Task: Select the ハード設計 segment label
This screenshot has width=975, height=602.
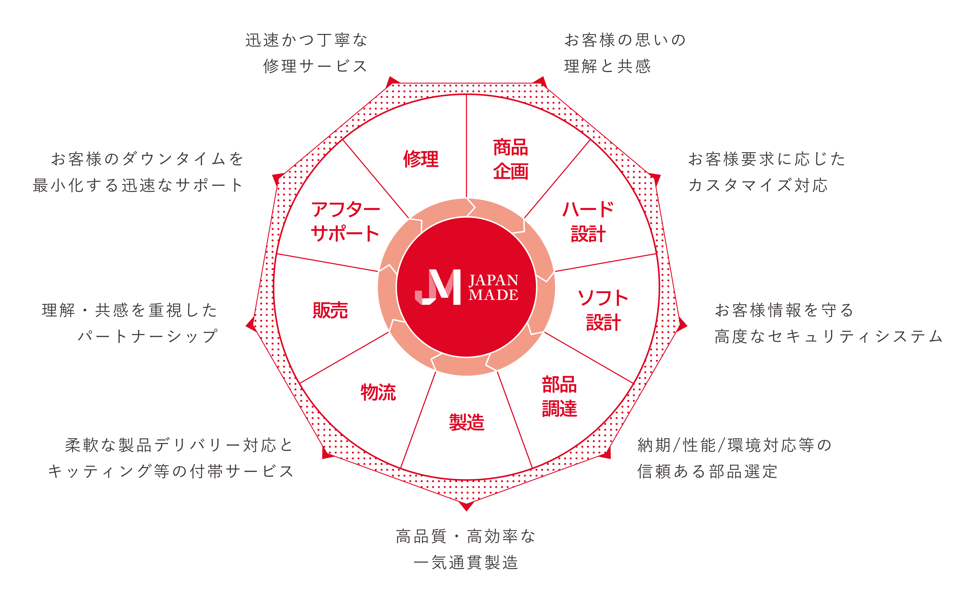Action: coord(588,222)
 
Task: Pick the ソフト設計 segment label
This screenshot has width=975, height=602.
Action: coord(603,310)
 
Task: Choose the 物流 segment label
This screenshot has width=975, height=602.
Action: coord(378,392)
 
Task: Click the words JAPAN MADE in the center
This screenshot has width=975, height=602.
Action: coord(494,287)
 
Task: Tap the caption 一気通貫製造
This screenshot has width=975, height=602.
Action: coord(466,563)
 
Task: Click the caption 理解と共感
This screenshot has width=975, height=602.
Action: coord(607,66)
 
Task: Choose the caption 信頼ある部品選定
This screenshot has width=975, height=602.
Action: coord(707,471)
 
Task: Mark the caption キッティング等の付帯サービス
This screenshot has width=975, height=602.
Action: coord(171,471)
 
